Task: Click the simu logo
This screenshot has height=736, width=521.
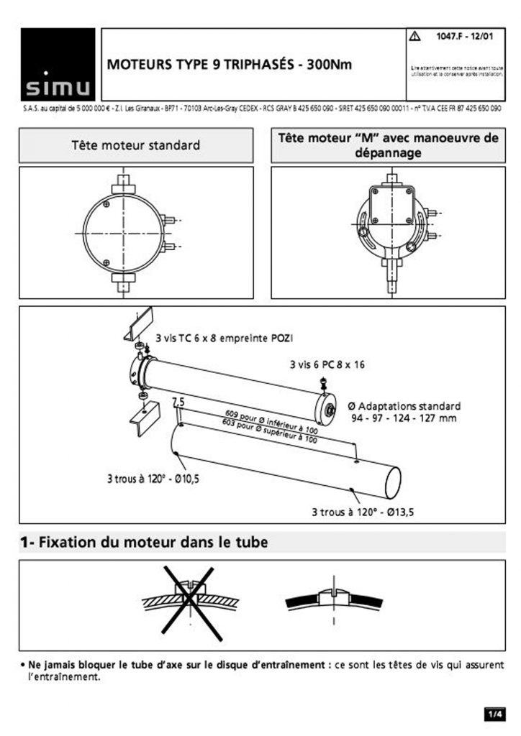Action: click(x=58, y=64)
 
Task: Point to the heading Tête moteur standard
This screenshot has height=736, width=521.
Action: click(x=136, y=145)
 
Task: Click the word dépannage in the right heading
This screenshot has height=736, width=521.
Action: click(x=388, y=152)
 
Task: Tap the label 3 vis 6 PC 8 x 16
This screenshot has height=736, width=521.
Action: click(x=327, y=364)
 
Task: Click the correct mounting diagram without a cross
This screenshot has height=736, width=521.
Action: click(x=332, y=597)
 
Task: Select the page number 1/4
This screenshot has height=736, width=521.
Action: click(x=494, y=714)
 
